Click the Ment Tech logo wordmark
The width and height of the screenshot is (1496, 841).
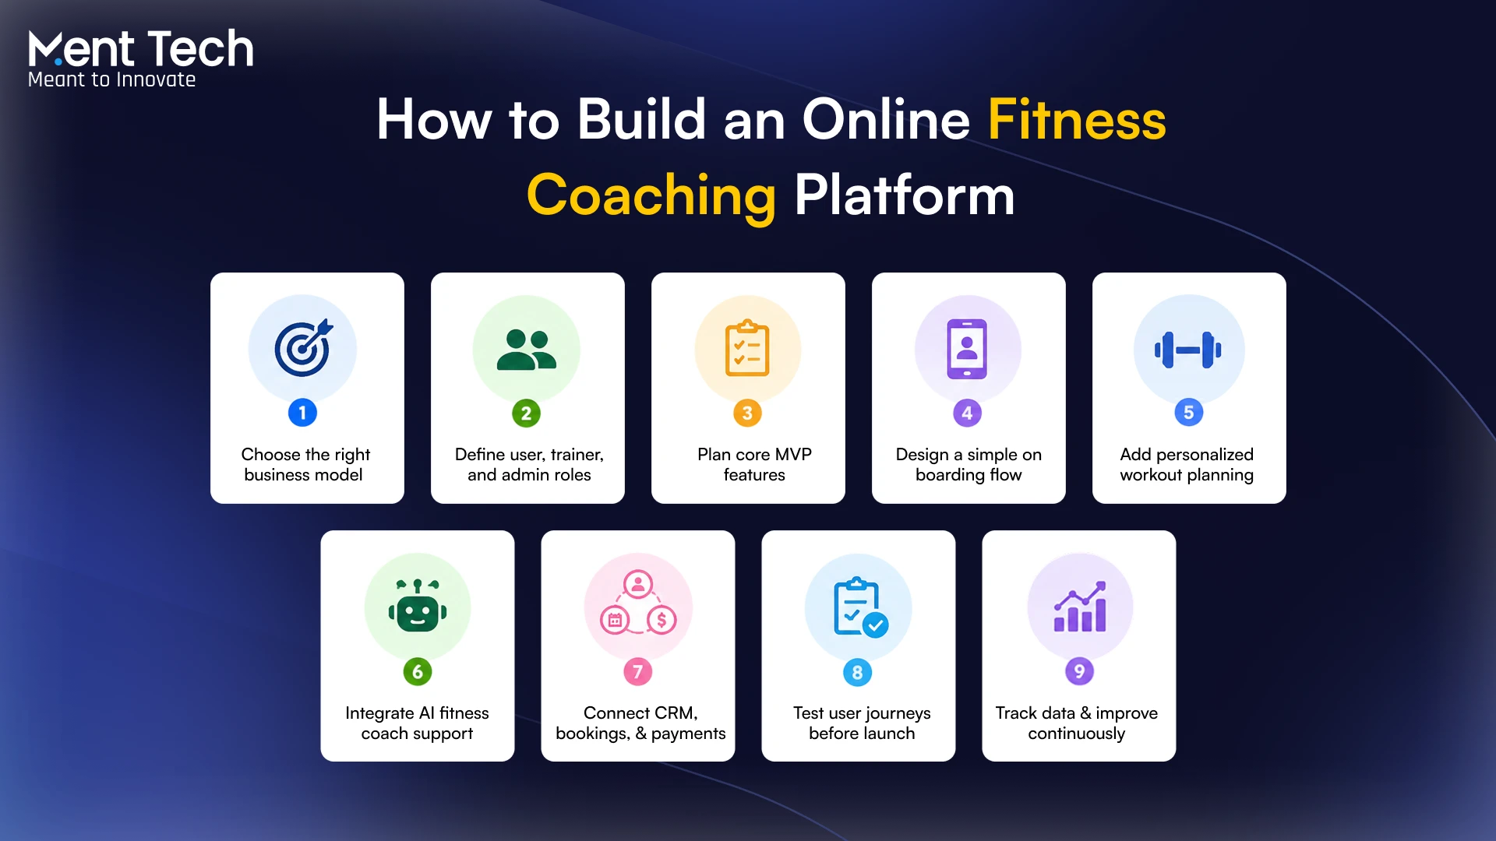pyautogui.click(x=141, y=48)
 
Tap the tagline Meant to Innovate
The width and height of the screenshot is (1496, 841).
pyautogui.click(x=111, y=79)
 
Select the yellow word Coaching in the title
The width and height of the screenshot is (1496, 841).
pyautogui.click(x=651, y=195)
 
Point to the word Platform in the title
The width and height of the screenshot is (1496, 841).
pyautogui.click(x=905, y=195)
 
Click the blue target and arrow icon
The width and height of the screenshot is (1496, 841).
pyautogui.click(x=303, y=347)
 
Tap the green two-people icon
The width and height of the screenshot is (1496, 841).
pyautogui.click(x=527, y=350)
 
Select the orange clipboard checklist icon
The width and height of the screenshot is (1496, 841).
pyautogui.click(x=747, y=348)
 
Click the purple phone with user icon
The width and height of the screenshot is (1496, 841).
pyautogui.click(x=967, y=349)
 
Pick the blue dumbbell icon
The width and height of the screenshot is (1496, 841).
pyautogui.click(x=1188, y=350)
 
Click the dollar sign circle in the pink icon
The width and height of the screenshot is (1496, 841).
pyautogui.click(x=662, y=620)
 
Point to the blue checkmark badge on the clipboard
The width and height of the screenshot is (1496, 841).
pyautogui.click(x=876, y=625)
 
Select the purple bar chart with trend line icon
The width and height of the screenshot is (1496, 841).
pyautogui.click(x=1079, y=606)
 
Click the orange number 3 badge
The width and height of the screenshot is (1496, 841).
pyautogui.click(x=747, y=413)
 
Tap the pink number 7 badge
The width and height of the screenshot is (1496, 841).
pyautogui.click(x=637, y=671)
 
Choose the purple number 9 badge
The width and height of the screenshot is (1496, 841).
pyautogui.click(x=1079, y=671)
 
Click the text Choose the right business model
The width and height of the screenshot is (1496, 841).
pyautogui.click(x=305, y=465)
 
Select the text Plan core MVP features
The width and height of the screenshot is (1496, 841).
pyautogui.click(x=754, y=465)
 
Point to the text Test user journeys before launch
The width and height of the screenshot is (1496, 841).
pyautogui.click(x=862, y=723)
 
